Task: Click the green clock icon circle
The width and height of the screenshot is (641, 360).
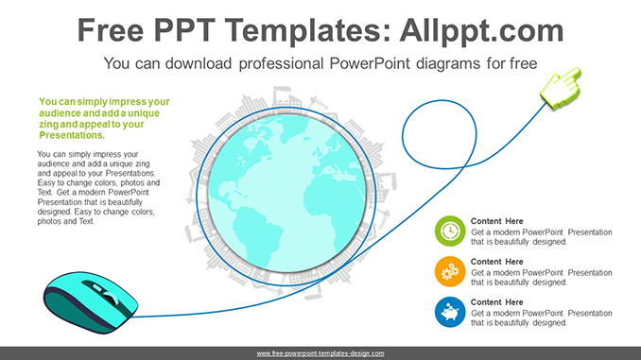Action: pyautogui.click(x=449, y=231)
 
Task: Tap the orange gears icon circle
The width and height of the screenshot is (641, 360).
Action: pyautogui.click(x=449, y=271)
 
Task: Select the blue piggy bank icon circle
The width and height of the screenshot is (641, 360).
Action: pyautogui.click(x=449, y=311)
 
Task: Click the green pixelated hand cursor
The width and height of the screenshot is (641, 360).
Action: pyautogui.click(x=560, y=87)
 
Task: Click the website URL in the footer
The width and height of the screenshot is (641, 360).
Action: pyautogui.click(x=320, y=353)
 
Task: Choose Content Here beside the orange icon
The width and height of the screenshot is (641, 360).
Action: pyautogui.click(x=496, y=262)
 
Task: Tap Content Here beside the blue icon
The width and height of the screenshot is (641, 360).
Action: pyautogui.click(x=496, y=302)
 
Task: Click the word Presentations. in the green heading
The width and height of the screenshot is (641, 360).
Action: pyautogui.click(x=70, y=135)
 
